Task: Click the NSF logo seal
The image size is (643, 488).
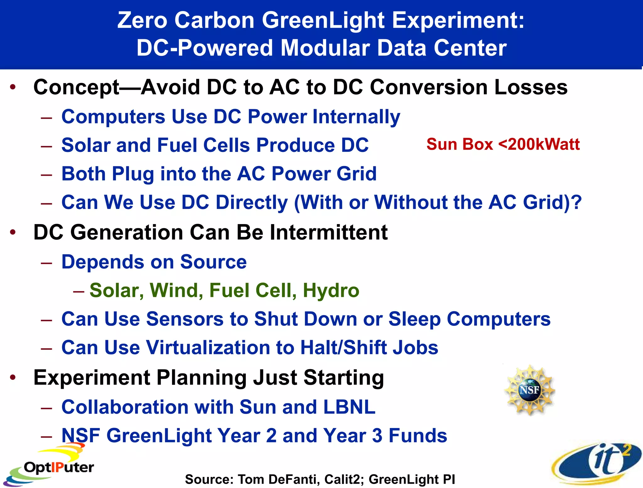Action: click(x=530, y=390)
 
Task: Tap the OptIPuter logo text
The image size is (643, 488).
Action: click(x=59, y=468)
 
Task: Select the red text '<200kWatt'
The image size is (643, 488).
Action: click(x=539, y=144)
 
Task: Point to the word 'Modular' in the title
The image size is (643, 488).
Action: click(x=324, y=48)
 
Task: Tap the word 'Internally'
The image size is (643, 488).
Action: click(x=356, y=117)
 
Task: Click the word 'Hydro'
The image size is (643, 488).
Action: click(x=331, y=290)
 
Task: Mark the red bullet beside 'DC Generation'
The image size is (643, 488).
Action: click(x=13, y=232)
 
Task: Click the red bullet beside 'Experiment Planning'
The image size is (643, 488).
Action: click(x=13, y=377)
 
